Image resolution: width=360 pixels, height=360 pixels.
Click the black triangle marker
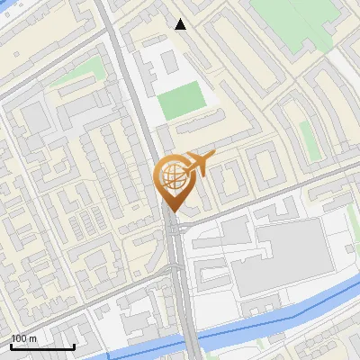[x=181, y=24]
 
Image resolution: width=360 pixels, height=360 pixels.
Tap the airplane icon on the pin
[x=199, y=164]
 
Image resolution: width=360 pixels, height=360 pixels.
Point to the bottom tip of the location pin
[x=171, y=212]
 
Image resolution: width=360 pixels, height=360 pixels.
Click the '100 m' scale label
[x=23, y=338]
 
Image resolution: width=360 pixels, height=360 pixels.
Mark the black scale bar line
[x=42, y=346]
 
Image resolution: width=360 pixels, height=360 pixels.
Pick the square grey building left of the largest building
[x=236, y=232]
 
